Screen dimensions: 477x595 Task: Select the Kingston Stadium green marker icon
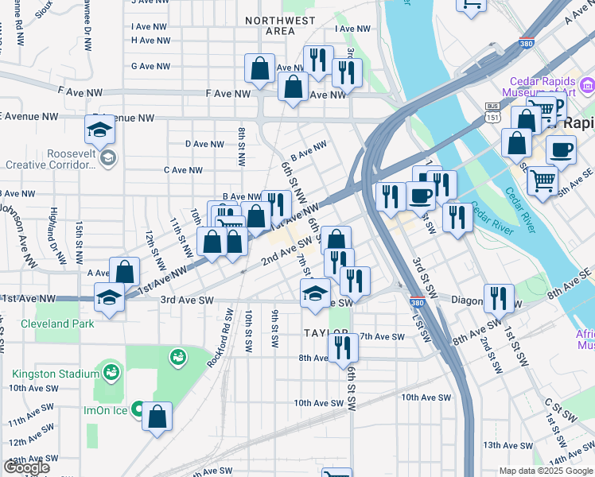pyautogui.click(x=111, y=371)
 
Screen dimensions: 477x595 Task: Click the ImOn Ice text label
pyautogui.click(x=102, y=411)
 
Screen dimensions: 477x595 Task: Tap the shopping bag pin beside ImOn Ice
pyautogui.click(x=157, y=416)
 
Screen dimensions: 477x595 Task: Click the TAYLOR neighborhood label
pyautogui.click(x=326, y=332)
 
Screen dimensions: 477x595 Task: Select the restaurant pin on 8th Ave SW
pyautogui.click(x=343, y=347)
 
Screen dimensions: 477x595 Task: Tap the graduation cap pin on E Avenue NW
pyautogui.click(x=100, y=129)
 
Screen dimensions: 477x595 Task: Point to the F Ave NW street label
pyautogui.click(x=230, y=94)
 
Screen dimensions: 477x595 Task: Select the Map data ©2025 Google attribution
pyautogui.click(x=546, y=471)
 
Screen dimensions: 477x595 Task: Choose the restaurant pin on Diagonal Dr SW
pyautogui.click(x=499, y=299)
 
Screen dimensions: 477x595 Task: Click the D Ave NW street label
pyautogui.click(x=204, y=144)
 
